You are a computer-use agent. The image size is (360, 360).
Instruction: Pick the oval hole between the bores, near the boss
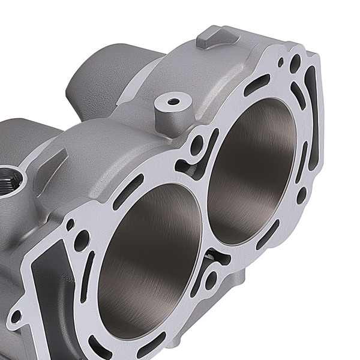tap(195, 157)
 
